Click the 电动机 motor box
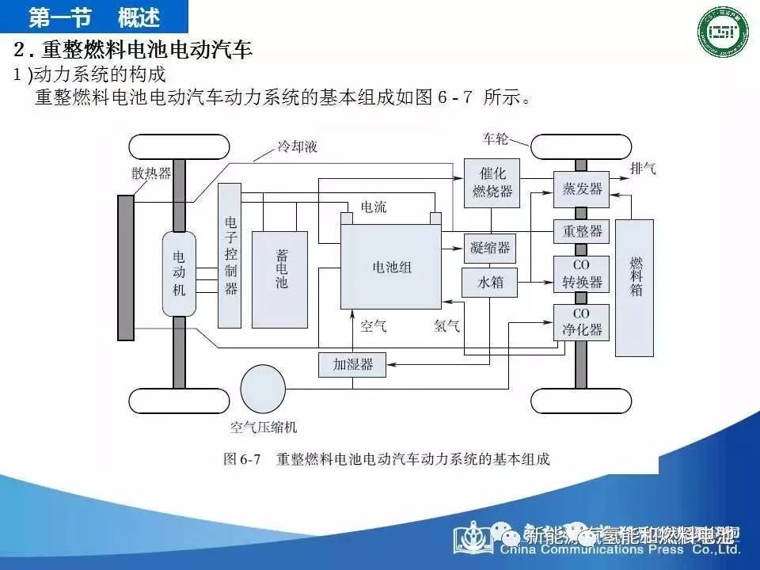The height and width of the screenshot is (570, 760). (x=179, y=272)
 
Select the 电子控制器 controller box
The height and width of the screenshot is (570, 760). (x=230, y=255)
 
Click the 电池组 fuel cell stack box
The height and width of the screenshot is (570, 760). (x=391, y=268)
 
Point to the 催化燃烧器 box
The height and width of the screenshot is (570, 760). (x=492, y=182)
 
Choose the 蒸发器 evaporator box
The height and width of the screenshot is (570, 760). (x=581, y=188)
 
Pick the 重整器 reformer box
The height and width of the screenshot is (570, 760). (x=581, y=231)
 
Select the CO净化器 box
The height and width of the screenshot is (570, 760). (x=581, y=322)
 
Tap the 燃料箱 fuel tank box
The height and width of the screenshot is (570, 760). (x=635, y=287)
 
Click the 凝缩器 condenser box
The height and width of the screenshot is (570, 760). (x=490, y=248)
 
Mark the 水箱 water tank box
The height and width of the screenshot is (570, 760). (x=490, y=282)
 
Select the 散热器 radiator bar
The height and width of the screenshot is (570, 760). (x=125, y=268)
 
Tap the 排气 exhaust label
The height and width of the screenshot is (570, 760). (x=643, y=169)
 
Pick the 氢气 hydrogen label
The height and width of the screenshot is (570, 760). (x=446, y=325)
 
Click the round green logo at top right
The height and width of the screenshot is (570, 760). (x=722, y=33)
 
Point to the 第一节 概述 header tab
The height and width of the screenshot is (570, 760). (x=94, y=16)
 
